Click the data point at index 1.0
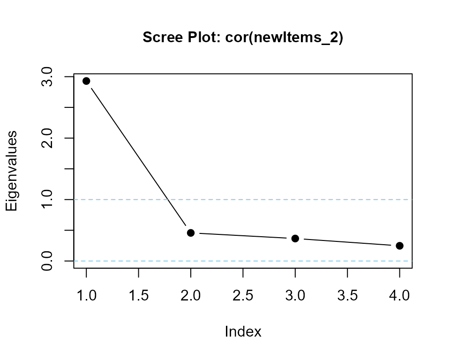coord(86,81)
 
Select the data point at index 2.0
coord(191,233)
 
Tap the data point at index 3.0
coord(295,239)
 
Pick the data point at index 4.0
coord(400,246)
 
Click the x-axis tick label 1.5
coord(139,295)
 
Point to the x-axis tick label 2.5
coord(243,295)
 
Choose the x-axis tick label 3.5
coord(347,295)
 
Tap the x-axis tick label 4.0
coord(400,295)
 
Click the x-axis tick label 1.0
coord(86,295)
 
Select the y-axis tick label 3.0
coord(47,77)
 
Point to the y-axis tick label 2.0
coord(47,138)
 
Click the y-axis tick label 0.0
coord(47,261)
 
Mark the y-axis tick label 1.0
coord(47,200)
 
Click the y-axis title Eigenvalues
coord(11,171)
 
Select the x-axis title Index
coord(243,331)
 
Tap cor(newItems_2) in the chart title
coord(284,37)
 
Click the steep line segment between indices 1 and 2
coord(139,157)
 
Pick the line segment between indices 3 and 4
coord(347,242)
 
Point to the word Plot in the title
coord(204,37)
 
